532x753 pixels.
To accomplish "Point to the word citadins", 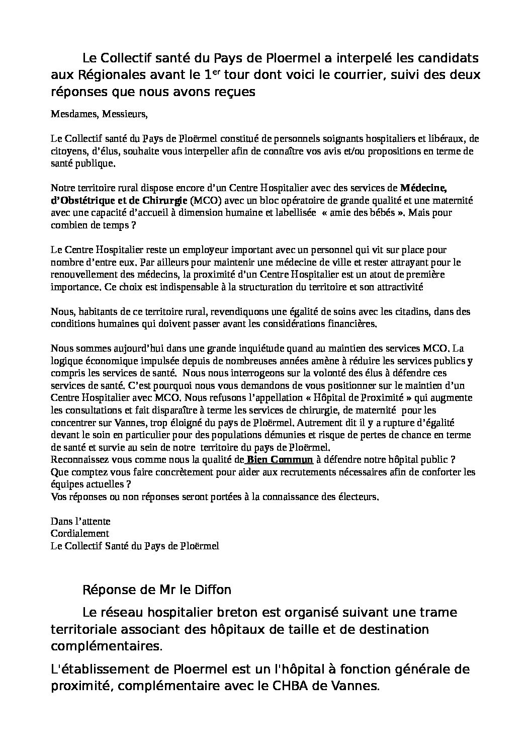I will point(411,311).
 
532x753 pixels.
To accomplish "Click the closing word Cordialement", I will point(80,533).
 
